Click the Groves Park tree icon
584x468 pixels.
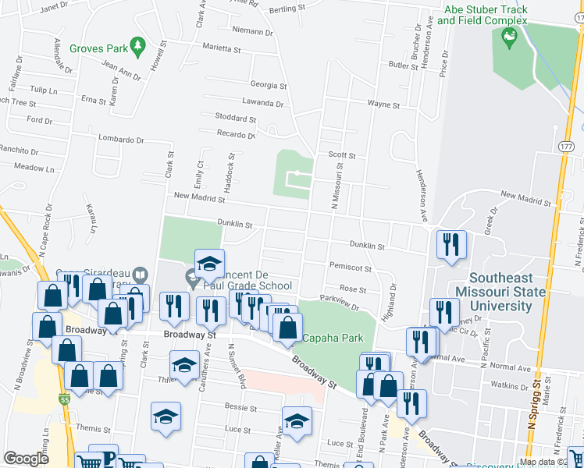click(x=138, y=46)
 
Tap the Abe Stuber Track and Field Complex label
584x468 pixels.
click(x=485, y=15)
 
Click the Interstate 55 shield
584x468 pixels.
click(x=65, y=399)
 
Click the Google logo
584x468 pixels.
click(x=26, y=459)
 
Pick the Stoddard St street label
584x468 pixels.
click(x=235, y=118)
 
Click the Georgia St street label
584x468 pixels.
click(x=269, y=85)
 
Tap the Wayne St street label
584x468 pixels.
click(x=383, y=104)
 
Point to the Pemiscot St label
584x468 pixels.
click(x=351, y=267)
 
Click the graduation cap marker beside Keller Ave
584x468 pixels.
click(x=297, y=422)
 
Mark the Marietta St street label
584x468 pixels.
click(x=222, y=48)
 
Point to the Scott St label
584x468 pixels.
click(x=342, y=155)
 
